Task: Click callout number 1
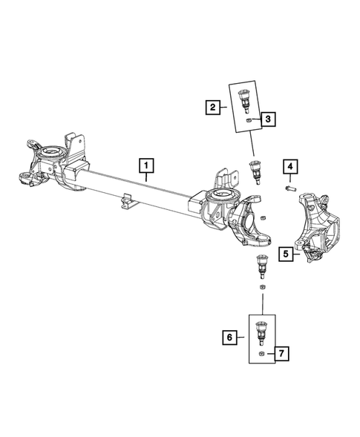point(147,163)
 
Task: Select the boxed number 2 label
point(213,108)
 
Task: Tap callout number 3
point(268,118)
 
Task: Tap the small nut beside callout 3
point(247,119)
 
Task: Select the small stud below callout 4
point(290,190)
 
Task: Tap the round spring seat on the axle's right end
point(222,197)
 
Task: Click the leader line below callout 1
point(147,177)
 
